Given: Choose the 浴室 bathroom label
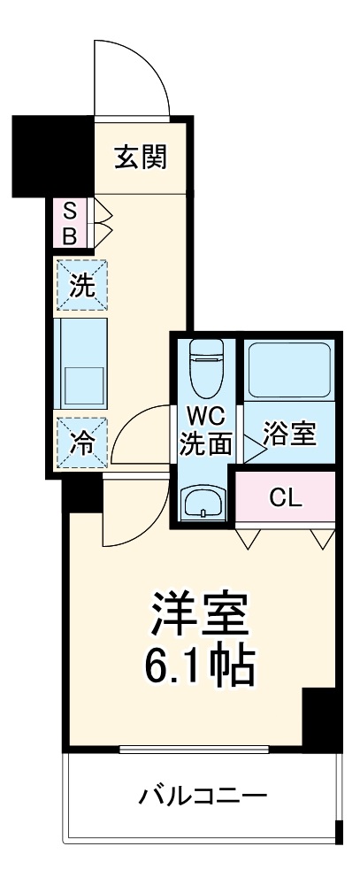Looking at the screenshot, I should pyautogui.click(x=290, y=435).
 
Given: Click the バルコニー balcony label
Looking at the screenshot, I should pyautogui.click(x=202, y=796).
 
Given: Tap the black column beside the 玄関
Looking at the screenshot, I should pyautogui.click(x=51, y=154).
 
